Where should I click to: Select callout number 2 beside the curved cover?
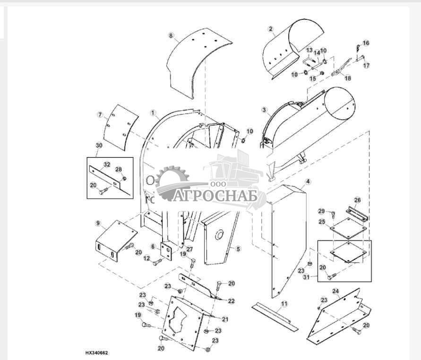click(x=271, y=29)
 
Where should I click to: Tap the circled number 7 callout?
click(x=100, y=115)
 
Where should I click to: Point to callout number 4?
click(x=308, y=182)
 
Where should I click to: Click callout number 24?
click(x=335, y=291)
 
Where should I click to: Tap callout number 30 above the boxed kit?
click(x=98, y=146)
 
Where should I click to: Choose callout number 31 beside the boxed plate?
click(x=306, y=277)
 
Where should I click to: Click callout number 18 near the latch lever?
click(x=348, y=79)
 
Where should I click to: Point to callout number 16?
click(x=366, y=43)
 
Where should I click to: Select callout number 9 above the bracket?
click(x=98, y=223)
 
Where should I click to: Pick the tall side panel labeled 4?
click(x=285, y=237)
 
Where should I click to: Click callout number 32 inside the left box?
click(x=107, y=165)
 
